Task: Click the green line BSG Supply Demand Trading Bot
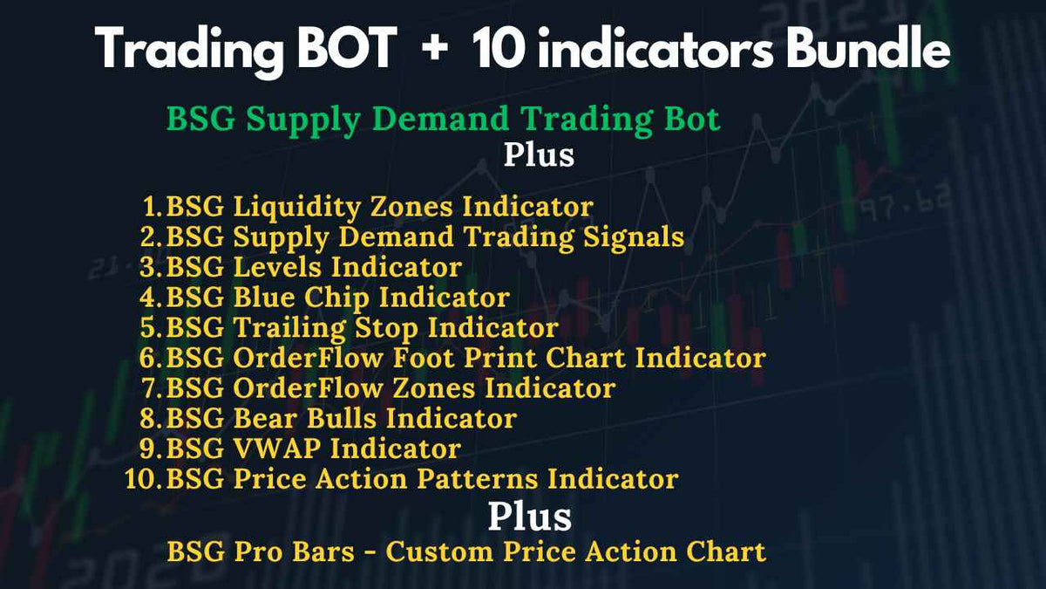point(444,119)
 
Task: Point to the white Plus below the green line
point(539,154)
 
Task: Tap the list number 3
point(146,267)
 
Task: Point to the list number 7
point(146,388)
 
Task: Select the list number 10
point(139,479)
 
